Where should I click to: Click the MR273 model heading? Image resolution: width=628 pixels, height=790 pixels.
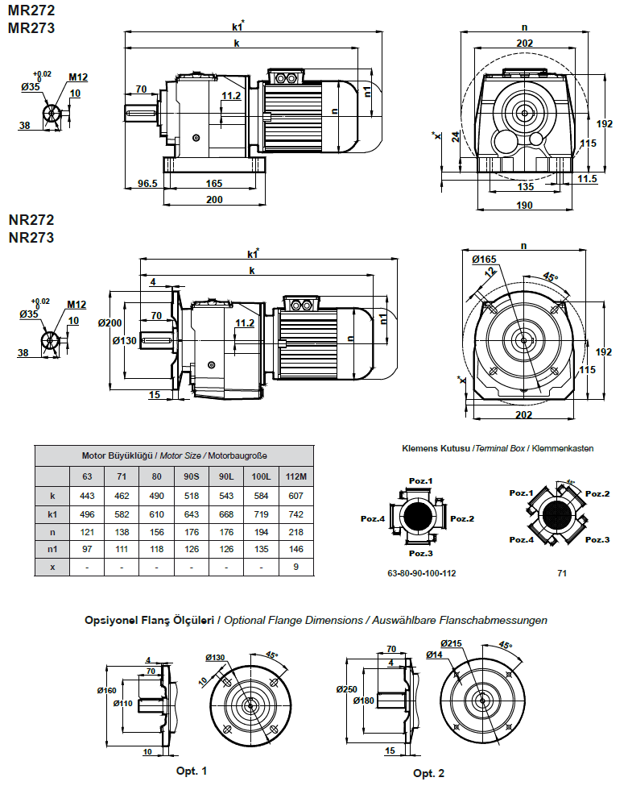(31, 28)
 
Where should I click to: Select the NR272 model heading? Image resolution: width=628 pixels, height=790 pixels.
(31, 219)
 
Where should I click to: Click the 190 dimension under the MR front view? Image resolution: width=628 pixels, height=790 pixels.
(525, 206)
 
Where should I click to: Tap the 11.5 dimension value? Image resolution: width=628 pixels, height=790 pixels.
(587, 179)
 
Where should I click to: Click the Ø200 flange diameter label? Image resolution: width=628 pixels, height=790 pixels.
(109, 322)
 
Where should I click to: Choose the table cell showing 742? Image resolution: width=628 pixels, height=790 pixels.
(297, 513)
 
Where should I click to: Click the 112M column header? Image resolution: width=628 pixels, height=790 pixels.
(297, 476)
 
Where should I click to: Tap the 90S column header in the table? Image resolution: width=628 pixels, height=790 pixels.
(191, 476)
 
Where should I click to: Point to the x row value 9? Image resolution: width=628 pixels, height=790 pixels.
(297, 567)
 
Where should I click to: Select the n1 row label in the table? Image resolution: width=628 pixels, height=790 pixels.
(52, 549)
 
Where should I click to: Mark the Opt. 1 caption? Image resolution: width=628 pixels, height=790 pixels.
(192, 771)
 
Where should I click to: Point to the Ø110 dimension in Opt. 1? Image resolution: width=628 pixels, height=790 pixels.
(122, 703)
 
